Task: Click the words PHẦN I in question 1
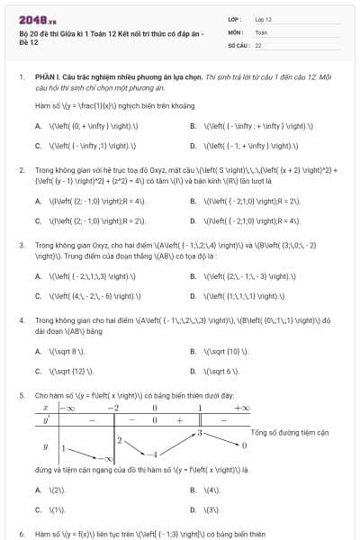(x=46, y=78)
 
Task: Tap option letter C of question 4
(x=38, y=370)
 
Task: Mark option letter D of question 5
(x=193, y=508)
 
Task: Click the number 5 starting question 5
(x=20, y=395)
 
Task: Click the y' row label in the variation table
(x=46, y=420)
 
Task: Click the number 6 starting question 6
(x=20, y=533)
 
